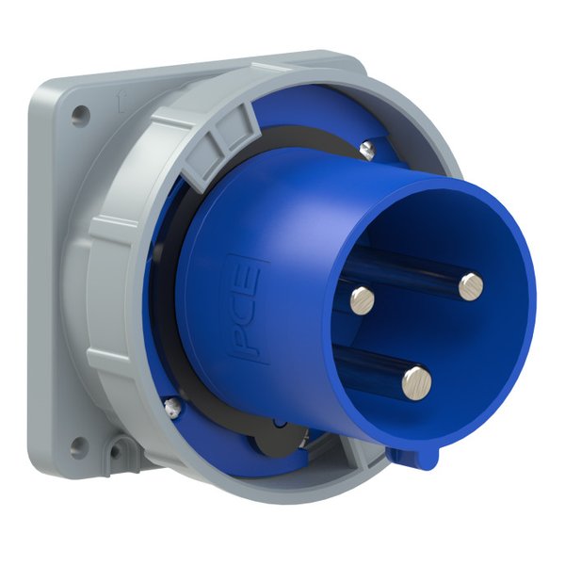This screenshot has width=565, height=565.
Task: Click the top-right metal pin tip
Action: pyautogui.click(x=471, y=286)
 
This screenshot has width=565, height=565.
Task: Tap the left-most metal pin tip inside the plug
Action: pyautogui.click(x=363, y=299)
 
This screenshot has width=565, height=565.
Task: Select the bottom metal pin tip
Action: pyautogui.click(x=417, y=382)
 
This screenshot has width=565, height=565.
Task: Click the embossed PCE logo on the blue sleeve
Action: pyautogui.click(x=247, y=308)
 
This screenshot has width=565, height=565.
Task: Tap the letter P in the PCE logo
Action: pyautogui.click(x=246, y=341)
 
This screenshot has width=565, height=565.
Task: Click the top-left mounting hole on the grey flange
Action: pyautogui.click(x=80, y=115)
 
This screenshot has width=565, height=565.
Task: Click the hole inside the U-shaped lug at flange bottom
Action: pyautogui.click(x=117, y=450)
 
